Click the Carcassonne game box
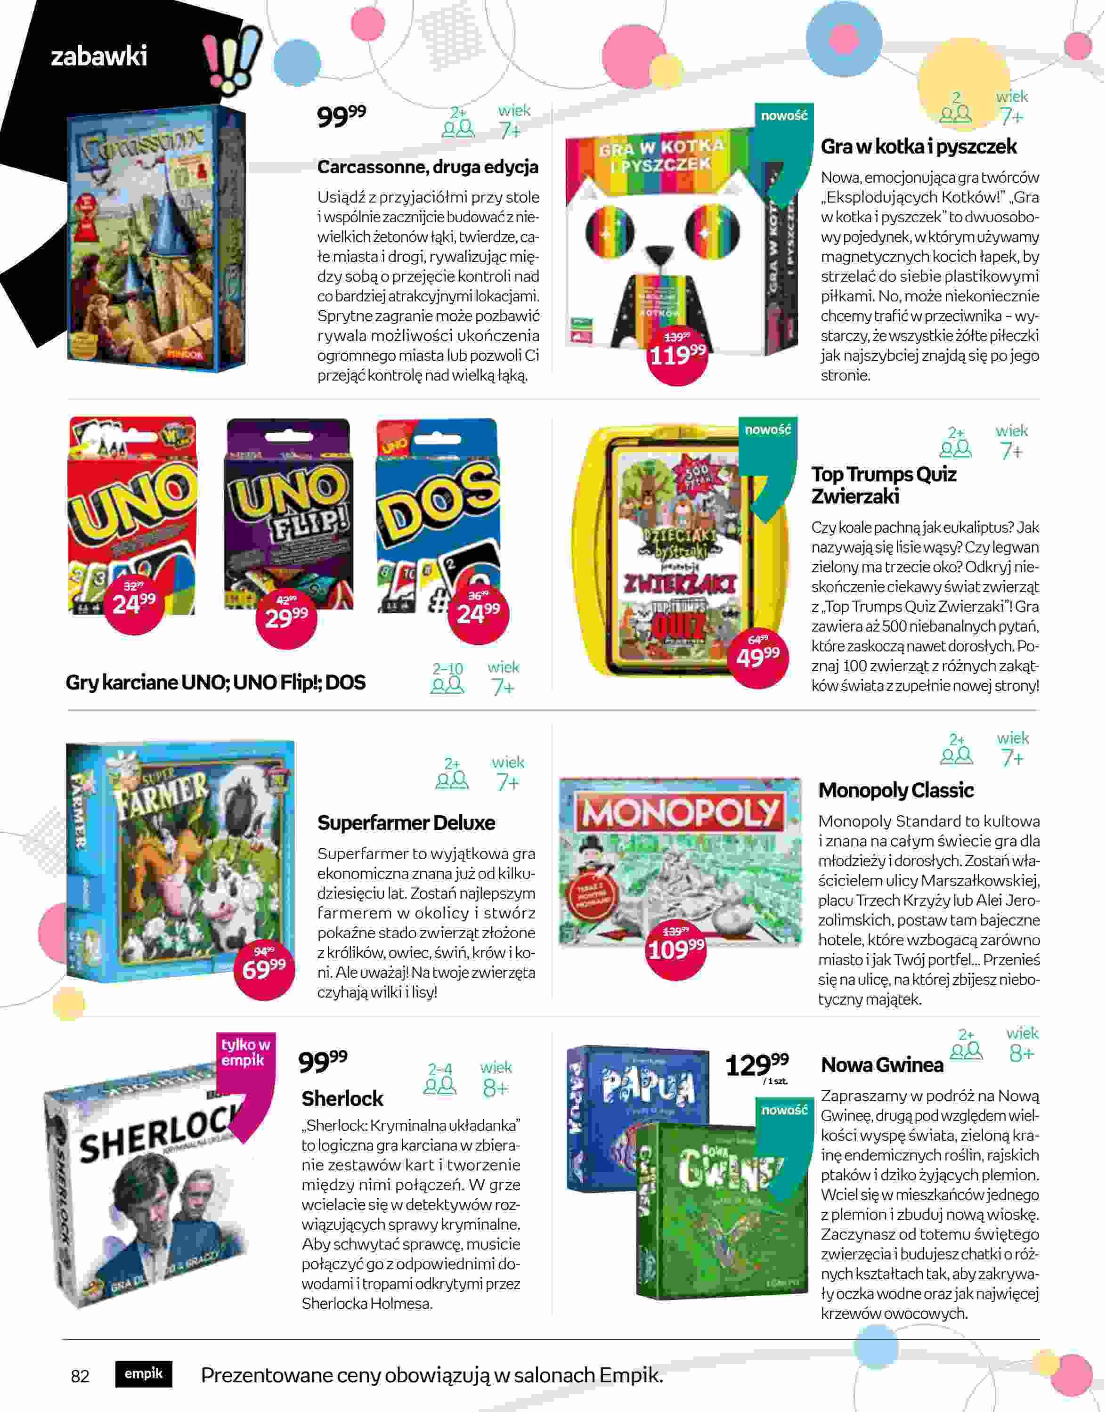[155, 240]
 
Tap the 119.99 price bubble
[677, 355]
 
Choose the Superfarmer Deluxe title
[406, 822]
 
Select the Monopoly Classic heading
[895, 790]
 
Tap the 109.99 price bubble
[676, 949]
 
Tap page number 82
[80, 1375]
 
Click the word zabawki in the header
[99, 57]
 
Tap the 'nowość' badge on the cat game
[783, 116]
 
